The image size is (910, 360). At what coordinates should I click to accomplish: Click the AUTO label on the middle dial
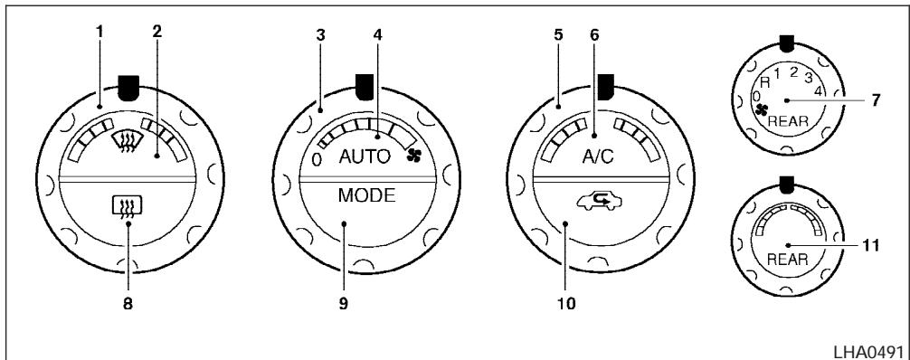pyautogui.click(x=365, y=157)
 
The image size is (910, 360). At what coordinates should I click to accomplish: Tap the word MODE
pyautogui.click(x=366, y=195)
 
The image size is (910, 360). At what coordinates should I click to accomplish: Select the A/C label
pyautogui.click(x=598, y=158)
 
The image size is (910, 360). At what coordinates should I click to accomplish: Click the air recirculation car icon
pyautogui.click(x=598, y=202)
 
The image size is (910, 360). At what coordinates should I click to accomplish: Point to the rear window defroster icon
pyautogui.click(x=128, y=206)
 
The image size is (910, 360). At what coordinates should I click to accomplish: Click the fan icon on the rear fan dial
pyautogui.click(x=761, y=109)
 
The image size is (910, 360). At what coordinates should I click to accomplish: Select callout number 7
pyautogui.click(x=875, y=99)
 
